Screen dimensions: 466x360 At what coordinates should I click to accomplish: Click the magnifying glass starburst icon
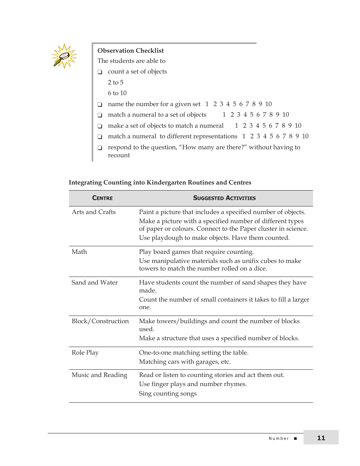coord(64,56)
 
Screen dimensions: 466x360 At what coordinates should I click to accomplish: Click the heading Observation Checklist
coord(130,50)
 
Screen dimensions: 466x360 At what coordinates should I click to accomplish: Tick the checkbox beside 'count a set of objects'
coord(100,72)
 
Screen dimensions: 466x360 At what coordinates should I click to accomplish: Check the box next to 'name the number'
coord(100,105)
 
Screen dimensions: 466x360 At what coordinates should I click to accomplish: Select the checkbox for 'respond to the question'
coord(100,148)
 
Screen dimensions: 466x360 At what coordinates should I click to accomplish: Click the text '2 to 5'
coord(116,82)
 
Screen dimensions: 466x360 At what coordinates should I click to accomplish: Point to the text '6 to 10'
coord(117,93)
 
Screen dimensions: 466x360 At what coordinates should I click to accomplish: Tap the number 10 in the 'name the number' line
coord(268,104)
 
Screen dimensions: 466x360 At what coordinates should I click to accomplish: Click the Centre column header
coord(102,198)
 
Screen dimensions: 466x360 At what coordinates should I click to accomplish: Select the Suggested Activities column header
coord(224,198)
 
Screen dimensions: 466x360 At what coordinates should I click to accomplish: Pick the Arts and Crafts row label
coord(94,212)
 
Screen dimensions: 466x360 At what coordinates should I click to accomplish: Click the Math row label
coord(79,252)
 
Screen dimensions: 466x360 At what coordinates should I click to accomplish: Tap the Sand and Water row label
coord(94,282)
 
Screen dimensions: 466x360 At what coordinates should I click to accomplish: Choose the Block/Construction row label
coord(100,321)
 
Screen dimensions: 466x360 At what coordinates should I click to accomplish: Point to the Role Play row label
coord(85,352)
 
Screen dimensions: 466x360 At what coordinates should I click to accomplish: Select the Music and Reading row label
coord(99,375)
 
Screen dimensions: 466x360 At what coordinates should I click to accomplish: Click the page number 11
coord(321,438)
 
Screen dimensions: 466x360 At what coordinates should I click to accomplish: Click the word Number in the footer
coord(279,438)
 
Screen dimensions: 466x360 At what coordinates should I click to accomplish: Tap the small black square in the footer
coord(295,438)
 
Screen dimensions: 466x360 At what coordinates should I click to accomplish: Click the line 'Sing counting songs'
coord(167,393)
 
